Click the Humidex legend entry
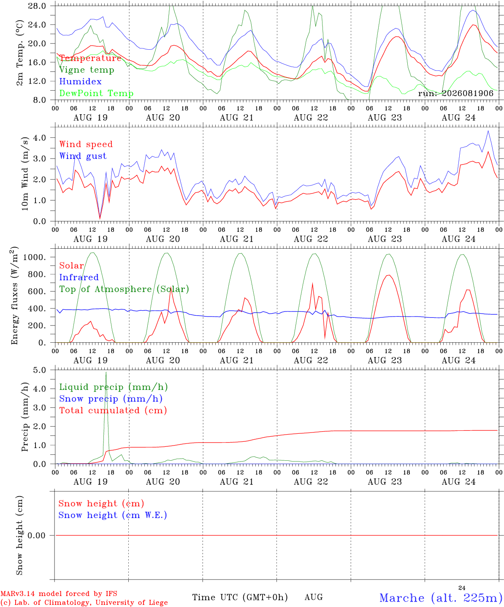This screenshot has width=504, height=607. (x=80, y=81)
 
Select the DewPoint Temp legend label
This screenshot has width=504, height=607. (x=96, y=93)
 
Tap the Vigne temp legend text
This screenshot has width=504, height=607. (x=87, y=70)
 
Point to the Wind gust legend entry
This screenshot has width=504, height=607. (x=83, y=156)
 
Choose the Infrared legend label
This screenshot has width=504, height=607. (x=79, y=277)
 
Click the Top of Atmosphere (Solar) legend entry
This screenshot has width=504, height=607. (x=125, y=289)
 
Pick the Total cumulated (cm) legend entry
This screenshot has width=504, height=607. (x=113, y=411)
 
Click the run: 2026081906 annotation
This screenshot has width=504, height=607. (x=455, y=93)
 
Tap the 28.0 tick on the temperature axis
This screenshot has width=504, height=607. (x=37, y=6)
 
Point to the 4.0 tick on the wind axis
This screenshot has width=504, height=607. (x=39, y=137)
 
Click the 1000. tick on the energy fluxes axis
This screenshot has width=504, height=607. (x=34, y=257)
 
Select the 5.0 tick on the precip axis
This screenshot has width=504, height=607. (x=39, y=370)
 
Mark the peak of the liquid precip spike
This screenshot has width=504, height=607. (x=106, y=372)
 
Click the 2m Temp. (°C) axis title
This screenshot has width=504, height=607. (x=19, y=53)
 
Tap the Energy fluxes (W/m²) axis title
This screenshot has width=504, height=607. (x=14, y=295)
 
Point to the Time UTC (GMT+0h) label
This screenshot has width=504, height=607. (x=240, y=597)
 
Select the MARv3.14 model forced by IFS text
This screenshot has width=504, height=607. (x=59, y=594)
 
